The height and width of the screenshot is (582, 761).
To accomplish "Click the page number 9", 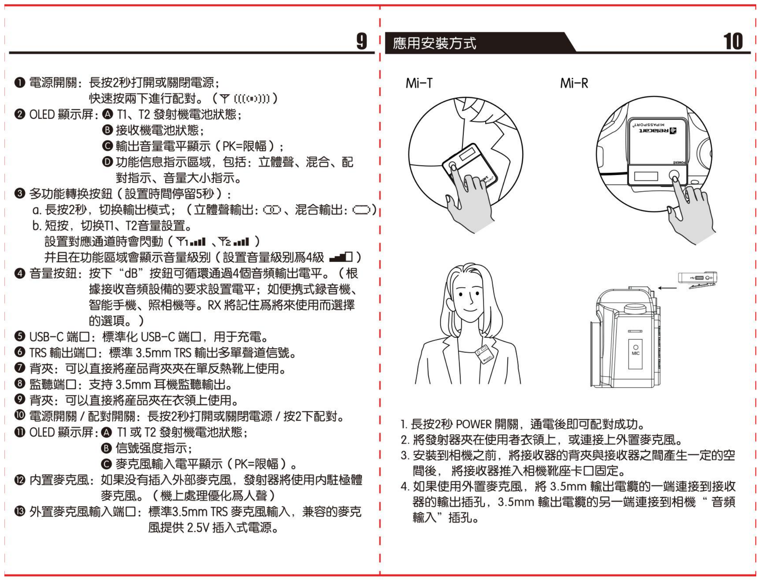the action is [x=361, y=41].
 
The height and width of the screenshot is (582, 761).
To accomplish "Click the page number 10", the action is [x=733, y=41].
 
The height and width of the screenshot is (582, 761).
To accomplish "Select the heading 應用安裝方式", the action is [x=434, y=43].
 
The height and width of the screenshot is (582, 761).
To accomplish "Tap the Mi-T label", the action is [x=419, y=84].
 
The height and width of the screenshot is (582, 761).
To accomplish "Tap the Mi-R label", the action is [x=574, y=84].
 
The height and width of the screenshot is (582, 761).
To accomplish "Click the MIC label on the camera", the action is [x=635, y=353].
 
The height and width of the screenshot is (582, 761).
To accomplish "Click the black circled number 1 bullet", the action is [x=20, y=83].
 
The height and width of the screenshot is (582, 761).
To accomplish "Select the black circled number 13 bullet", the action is [x=20, y=512].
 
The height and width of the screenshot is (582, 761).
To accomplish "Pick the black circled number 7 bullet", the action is [x=20, y=368].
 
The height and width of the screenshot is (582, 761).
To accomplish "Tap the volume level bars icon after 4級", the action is [x=341, y=257].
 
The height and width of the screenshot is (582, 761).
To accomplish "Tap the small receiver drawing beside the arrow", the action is [x=697, y=280].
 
